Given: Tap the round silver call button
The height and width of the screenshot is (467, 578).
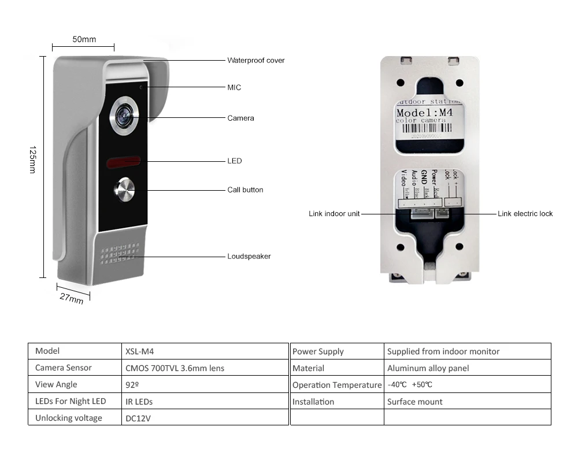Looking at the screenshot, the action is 125,190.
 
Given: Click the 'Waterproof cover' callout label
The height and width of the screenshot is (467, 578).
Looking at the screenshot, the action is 255,60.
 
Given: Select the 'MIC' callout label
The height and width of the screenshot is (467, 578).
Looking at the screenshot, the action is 234,87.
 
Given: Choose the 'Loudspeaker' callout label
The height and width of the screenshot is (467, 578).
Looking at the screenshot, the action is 249,256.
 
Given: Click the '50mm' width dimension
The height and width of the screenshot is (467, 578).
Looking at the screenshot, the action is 84,39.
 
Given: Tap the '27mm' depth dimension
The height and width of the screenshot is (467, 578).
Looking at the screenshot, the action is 72,298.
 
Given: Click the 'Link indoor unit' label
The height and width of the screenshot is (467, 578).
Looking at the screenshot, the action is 334,214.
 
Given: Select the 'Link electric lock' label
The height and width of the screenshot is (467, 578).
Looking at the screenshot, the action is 525,214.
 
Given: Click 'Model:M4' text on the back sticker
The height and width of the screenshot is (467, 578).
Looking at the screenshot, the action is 425,113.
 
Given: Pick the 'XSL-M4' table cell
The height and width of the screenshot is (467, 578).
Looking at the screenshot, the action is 139,351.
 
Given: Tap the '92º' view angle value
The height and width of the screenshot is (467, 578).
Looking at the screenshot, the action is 132,384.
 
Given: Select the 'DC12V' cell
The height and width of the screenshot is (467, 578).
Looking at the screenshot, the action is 138,418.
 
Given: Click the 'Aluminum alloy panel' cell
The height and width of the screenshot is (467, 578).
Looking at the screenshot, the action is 428,368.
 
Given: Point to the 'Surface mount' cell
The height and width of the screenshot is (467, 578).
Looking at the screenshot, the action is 414,402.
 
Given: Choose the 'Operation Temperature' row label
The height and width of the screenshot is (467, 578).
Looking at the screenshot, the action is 336,385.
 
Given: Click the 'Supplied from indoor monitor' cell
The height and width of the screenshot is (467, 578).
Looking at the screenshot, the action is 443,351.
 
